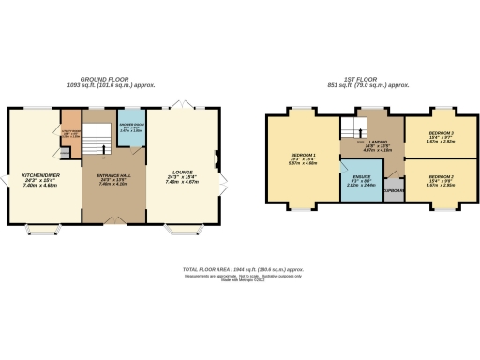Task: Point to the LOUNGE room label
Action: pos(182,172)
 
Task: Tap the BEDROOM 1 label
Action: pos(302,154)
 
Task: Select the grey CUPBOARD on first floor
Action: pos(393,192)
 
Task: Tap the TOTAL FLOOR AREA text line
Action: pos(239,268)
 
